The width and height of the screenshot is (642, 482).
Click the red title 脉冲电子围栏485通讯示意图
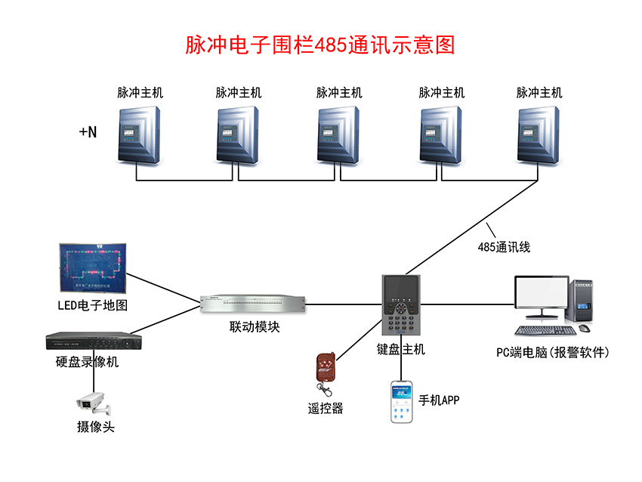click(x=320, y=45)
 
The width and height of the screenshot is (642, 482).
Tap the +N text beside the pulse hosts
click(x=88, y=131)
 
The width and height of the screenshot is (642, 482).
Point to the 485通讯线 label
click(x=504, y=246)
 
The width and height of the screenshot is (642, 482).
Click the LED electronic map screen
click(x=93, y=268)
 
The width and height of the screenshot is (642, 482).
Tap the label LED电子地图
click(x=93, y=306)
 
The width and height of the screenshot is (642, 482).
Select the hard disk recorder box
click(x=92, y=341)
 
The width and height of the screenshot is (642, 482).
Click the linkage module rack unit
click(x=254, y=304)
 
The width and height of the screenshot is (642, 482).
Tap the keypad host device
click(x=401, y=306)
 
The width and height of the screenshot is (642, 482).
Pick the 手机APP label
click(x=439, y=400)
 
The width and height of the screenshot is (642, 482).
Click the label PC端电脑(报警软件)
click(x=552, y=352)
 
